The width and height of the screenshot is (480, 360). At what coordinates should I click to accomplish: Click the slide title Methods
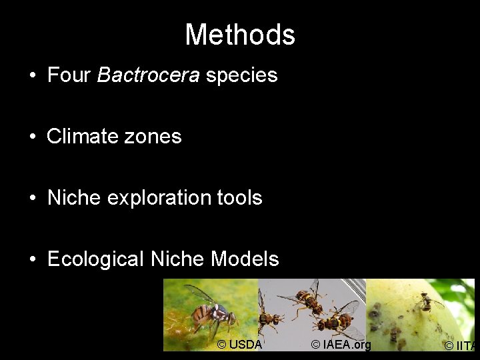[240, 35]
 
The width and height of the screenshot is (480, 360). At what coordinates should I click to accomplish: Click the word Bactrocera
[148, 75]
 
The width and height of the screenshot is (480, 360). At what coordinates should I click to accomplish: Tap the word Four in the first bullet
[69, 75]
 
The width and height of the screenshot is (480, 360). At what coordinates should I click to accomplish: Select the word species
[241, 75]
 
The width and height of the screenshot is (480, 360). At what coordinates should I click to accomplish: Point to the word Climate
[86, 136]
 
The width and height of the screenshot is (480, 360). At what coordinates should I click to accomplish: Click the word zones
[157, 136]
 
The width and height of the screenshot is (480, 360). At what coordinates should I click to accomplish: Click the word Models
[245, 259]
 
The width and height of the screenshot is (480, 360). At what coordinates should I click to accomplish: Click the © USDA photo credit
[240, 345]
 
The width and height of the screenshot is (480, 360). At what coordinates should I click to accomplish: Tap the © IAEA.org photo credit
[341, 345]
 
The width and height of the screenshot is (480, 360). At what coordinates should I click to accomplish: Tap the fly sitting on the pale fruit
[427, 304]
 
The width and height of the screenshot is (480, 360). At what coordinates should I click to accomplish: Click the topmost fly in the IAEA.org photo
[307, 298]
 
